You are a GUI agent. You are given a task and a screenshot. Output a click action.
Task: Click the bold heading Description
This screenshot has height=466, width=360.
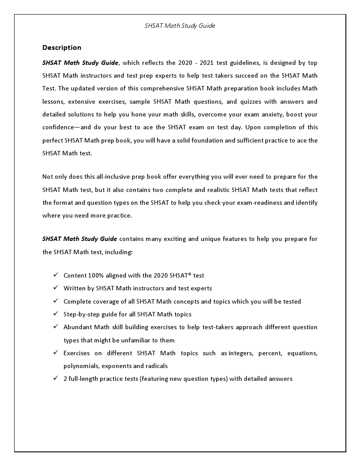pos(62,48)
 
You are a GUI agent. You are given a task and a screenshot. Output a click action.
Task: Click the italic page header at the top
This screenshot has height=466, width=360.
pos(180,26)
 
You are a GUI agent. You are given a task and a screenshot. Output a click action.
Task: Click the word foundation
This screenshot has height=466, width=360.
pos(216,141)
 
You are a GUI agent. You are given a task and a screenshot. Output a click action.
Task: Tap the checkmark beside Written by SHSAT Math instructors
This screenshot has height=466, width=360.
pos(56,288)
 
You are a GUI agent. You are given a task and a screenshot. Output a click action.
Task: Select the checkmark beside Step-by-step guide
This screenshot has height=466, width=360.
pos(56,314)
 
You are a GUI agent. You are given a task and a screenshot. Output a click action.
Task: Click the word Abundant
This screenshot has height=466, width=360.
pos(77,327)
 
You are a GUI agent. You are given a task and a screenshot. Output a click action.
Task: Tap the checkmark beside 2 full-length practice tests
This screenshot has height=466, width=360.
pos(56,379)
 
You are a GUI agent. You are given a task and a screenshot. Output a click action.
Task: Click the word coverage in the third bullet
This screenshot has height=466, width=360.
pos(105,301)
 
